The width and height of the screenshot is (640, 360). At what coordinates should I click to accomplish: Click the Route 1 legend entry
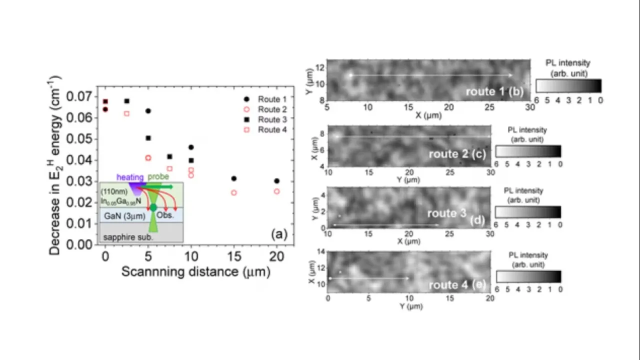268,99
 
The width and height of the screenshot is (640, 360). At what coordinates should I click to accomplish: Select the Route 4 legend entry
268,130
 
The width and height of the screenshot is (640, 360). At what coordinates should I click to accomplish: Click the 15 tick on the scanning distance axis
233,256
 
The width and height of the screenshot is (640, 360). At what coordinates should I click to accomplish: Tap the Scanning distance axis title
195,272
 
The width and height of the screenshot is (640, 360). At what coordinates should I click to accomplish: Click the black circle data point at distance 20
276,181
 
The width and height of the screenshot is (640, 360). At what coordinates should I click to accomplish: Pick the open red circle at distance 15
233,192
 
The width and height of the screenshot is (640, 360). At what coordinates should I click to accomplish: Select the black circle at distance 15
233,178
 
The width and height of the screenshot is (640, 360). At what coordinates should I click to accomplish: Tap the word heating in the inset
130,177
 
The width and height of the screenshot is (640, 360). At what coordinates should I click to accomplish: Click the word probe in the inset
158,177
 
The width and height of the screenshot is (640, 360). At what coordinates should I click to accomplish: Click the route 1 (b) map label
494,91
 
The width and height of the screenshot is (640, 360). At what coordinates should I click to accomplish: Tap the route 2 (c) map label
457,154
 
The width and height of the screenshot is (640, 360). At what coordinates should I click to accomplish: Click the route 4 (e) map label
457,285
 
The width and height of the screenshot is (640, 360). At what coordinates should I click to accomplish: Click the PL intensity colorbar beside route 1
568,86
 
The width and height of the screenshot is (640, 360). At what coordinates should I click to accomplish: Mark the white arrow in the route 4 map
368,278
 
